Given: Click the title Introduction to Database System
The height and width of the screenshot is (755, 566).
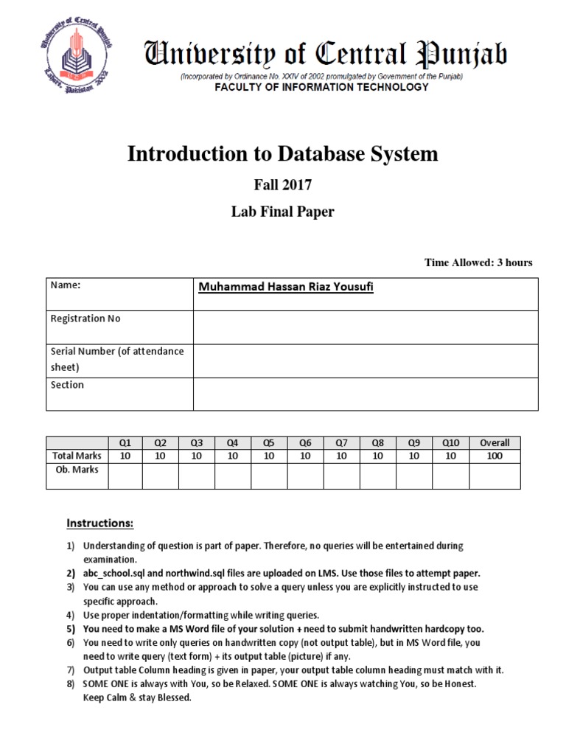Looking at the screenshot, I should pyautogui.click(x=283, y=153).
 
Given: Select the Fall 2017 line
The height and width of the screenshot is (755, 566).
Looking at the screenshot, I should pyautogui.click(x=283, y=187).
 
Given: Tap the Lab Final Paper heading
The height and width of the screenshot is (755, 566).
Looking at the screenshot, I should pyautogui.click(x=283, y=212).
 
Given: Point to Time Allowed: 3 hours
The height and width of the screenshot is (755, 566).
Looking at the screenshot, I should pyautogui.click(x=478, y=262).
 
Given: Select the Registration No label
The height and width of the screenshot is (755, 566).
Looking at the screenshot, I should pyautogui.click(x=85, y=319).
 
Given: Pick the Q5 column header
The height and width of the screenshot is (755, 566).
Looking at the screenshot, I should pyautogui.click(x=269, y=443).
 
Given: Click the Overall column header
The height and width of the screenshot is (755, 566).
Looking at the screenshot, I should pyautogui.click(x=495, y=443).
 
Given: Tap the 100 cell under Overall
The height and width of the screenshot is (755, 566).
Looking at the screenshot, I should pyautogui.click(x=495, y=456).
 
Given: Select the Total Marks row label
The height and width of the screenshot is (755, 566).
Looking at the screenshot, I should pyautogui.click(x=77, y=456).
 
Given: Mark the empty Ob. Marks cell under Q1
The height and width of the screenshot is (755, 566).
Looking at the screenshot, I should pyautogui.click(x=125, y=476).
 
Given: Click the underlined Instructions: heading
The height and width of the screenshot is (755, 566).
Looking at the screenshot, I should pyautogui.click(x=100, y=523).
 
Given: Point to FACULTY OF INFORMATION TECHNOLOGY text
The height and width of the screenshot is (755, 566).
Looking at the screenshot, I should pyautogui.click(x=321, y=87).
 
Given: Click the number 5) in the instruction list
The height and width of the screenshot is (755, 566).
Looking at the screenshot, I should pyautogui.click(x=71, y=629).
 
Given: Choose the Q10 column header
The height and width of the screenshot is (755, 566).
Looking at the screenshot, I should pyautogui.click(x=450, y=443).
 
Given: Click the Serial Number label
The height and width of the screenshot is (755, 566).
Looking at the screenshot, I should pyautogui.click(x=116, y=352).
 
